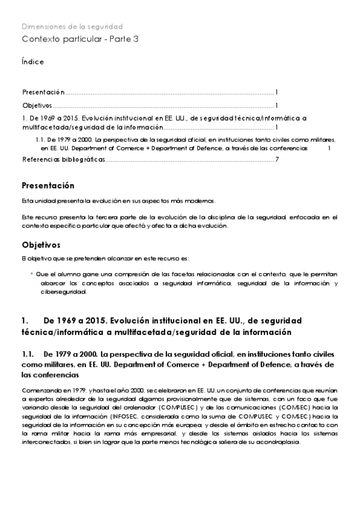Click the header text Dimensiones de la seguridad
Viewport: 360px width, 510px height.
point(72,26)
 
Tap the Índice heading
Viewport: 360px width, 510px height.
point(32,62)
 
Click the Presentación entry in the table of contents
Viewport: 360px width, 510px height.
point(43,92)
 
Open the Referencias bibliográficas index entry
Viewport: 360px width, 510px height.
point(64,159)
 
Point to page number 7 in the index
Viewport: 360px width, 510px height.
point(276,159)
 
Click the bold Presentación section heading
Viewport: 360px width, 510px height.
point(48,185)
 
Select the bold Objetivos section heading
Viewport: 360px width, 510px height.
point(41,245)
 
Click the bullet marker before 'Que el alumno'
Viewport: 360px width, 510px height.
point(31,272)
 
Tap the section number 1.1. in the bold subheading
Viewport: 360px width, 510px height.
point(29,354)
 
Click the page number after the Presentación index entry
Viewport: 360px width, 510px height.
point(276,92)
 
